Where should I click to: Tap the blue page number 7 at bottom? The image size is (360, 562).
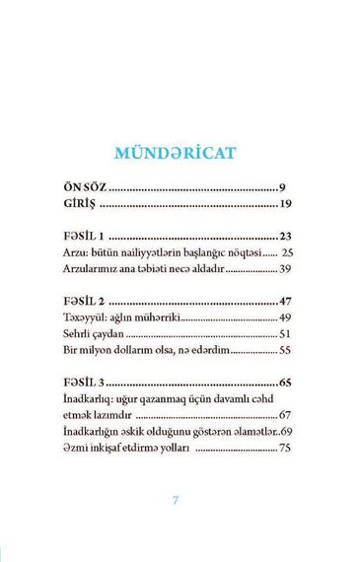pos(177,500)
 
